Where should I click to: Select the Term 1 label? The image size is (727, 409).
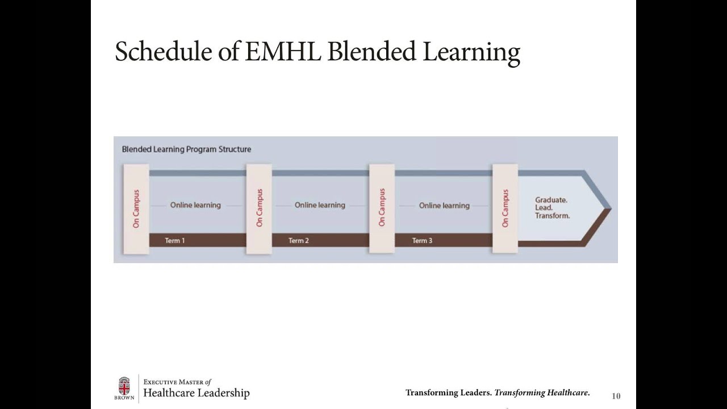[x=175, y=241]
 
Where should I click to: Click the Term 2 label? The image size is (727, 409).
[x=299, y=241]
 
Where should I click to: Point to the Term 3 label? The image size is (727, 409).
[x=422, y=241]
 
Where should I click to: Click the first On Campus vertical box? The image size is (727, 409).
[x=136, y=208]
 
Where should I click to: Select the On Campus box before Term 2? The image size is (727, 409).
[x=259, y=208]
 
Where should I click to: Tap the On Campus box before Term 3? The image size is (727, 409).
[x=382, y=208]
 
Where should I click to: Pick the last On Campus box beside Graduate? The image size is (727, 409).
[x=505, y=208]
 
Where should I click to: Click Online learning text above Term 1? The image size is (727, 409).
[x=195, y=205]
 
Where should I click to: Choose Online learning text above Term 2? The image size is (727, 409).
[x=320, y=205]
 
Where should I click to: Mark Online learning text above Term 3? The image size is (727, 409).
[x=444, y=205]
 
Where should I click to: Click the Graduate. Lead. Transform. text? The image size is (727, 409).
[x=552, y=208]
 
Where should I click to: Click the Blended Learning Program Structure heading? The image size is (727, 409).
[x=186, y=149]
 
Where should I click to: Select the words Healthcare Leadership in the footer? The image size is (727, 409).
[x=197, y=393]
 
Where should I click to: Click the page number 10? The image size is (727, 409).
[x=616, y=396]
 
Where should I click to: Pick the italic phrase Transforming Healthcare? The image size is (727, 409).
[x=542, y=393]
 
